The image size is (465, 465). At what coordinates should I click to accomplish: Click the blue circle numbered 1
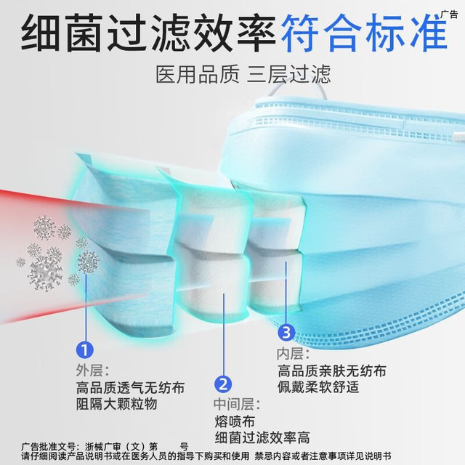point(85,350)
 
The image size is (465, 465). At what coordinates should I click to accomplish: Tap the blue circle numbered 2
point(223,384)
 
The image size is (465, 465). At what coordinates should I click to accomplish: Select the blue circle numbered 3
point(286,332)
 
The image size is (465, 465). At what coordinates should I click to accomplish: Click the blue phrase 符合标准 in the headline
point(363,33)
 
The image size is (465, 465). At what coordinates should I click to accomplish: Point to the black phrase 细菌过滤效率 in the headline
point(148,33)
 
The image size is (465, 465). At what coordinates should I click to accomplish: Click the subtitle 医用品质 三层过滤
point(243,74)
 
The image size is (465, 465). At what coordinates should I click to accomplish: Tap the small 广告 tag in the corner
point(449,15)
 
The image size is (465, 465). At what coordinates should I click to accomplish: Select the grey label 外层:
point(92,370)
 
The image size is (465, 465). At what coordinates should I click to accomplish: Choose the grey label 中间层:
point(237,404)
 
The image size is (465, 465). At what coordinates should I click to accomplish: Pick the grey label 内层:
point(293,354)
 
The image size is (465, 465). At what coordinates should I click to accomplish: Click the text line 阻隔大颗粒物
point(116,404)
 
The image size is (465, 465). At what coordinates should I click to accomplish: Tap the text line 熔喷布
point(235,421)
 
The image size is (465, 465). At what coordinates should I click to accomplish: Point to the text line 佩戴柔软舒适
point(318,387)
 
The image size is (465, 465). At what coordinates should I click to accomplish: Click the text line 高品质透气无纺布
point(131,387)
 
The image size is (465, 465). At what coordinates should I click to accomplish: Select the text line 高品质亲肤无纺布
point(332,371)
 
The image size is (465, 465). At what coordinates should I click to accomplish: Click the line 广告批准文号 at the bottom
point(105,447)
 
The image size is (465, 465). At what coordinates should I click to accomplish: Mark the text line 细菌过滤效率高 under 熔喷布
point(262,437)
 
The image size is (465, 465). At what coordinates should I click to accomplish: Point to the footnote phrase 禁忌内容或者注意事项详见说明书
point(323,456)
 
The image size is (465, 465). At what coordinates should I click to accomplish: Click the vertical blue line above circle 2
point(224,334)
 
